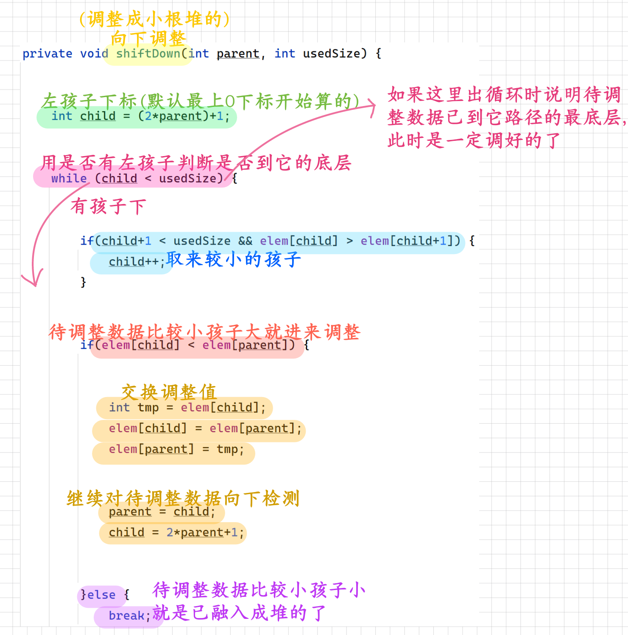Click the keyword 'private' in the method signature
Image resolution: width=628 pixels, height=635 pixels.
point(47,54)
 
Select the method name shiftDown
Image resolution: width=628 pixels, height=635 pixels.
point(148,54)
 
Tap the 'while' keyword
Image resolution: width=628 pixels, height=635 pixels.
point(69,179)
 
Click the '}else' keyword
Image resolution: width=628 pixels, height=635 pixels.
point(98,595)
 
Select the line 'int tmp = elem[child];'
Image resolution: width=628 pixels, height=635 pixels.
point(187,408)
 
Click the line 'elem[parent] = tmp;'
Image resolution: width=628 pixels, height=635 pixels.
point(176,449)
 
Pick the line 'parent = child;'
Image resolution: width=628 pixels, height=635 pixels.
point(162,512)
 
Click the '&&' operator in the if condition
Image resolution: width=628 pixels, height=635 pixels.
point(245,241)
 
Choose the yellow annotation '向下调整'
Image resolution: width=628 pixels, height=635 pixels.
point(148,38)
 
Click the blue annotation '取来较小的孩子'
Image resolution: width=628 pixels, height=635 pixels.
point(233,259)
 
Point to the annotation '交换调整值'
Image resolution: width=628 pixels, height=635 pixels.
point(169,392)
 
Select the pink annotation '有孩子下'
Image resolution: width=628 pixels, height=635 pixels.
point(108,207)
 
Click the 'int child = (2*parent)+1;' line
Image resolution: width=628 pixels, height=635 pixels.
point(140,116)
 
